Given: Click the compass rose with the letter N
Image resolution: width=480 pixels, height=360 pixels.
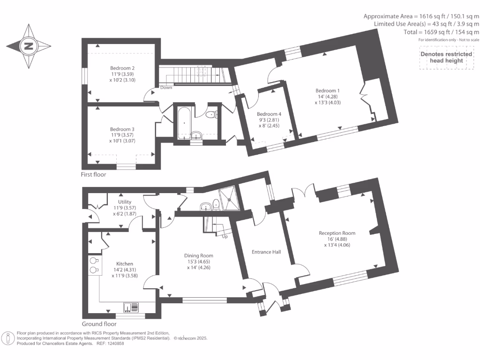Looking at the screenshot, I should click(x=29, y=46).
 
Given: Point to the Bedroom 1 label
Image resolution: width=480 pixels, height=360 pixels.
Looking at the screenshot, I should click(x=327, y=90).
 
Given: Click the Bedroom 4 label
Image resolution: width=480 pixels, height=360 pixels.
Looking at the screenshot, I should click(x=269, y=114).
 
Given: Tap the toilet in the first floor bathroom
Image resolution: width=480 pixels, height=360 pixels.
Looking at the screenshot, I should click(x=210, y=114).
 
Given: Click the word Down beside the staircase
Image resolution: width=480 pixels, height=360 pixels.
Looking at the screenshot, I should click(x=166, y=88).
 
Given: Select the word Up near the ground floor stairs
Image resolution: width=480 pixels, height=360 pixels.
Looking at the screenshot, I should click(x=225, y=237).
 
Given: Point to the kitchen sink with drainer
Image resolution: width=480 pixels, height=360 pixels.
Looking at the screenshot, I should click(x=131, y=307).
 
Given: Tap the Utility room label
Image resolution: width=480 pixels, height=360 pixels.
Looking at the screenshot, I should click(x=125, y=202).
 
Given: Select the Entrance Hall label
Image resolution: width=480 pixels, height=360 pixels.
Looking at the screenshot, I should click(x=266, y=252).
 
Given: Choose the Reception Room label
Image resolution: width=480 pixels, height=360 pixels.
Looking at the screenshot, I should click(x=337, y=233).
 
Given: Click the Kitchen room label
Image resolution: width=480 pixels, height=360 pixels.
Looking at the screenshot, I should click(x=125, y=264).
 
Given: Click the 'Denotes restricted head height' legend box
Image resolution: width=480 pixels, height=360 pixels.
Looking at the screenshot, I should click(x=446, y=57).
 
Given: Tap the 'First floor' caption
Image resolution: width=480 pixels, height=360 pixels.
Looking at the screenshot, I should click(x=94, y=174).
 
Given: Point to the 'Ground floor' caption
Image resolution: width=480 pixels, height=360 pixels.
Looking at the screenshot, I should click(x=99, y=324).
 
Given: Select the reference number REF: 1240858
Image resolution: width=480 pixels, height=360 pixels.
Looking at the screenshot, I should click(x=111, y=344).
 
